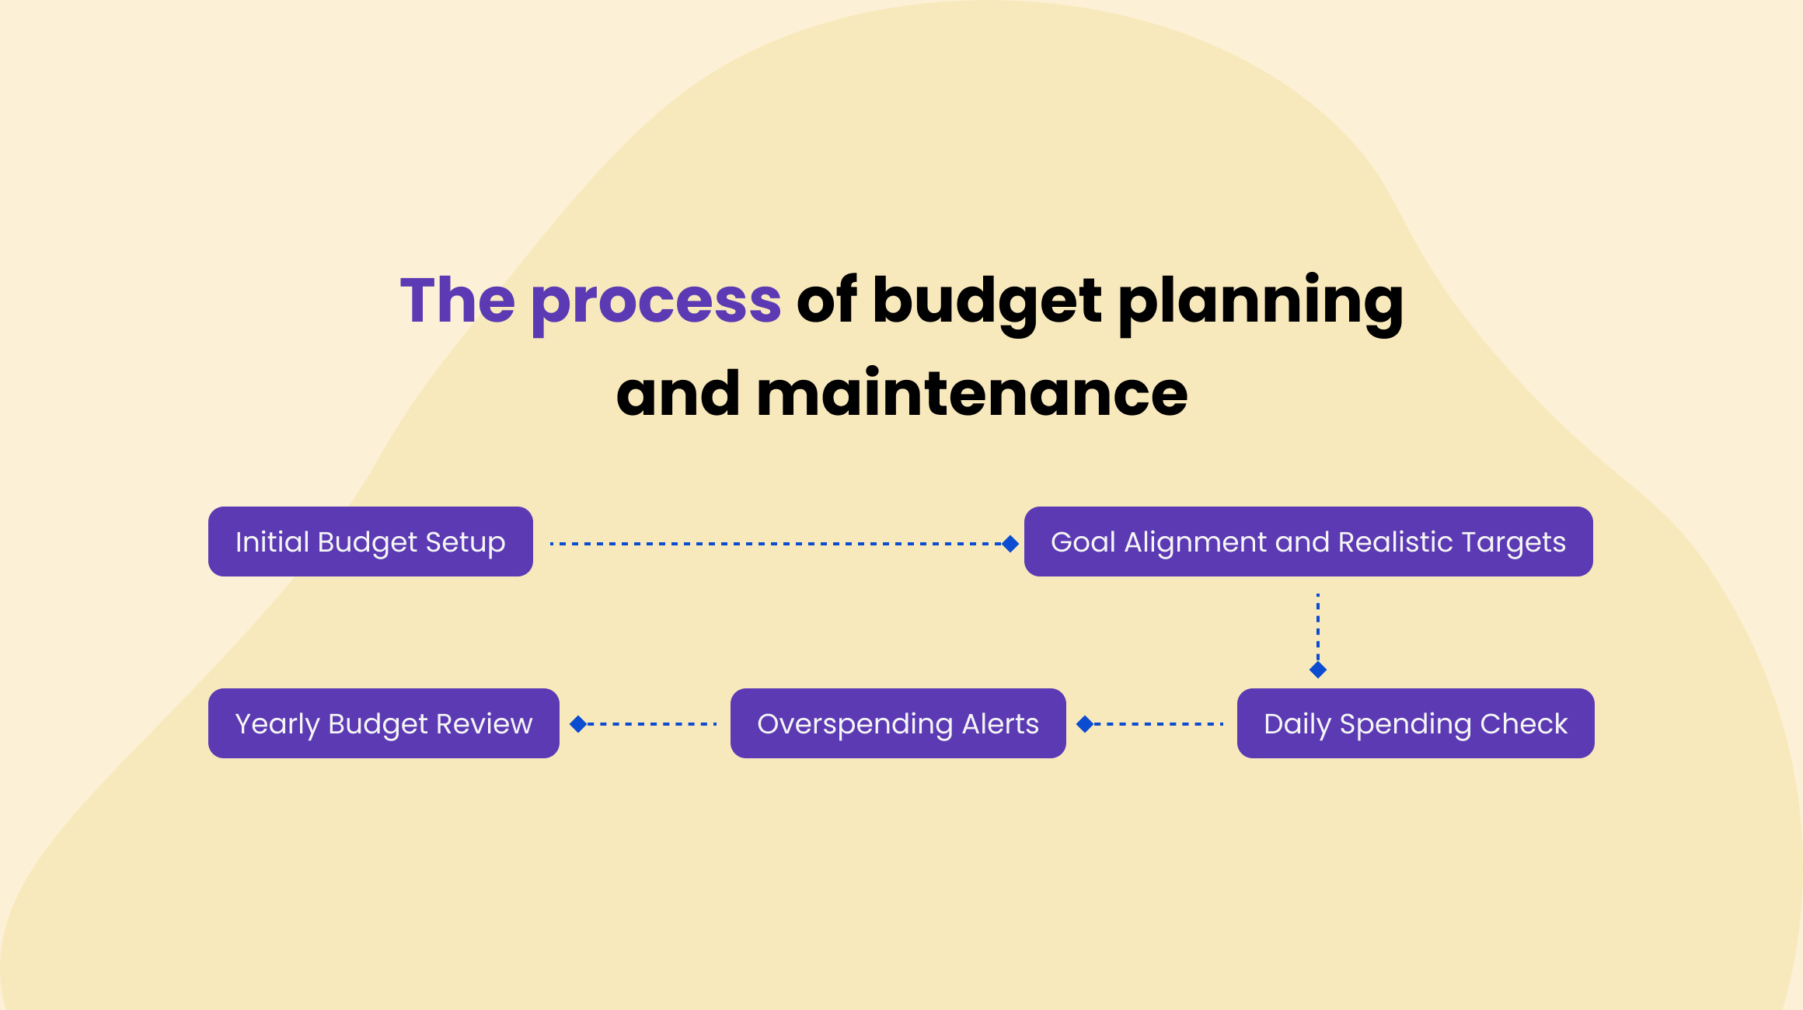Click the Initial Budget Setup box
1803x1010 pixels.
[x=370, y=542]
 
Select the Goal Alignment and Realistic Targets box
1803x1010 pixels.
[x=1308, y=542]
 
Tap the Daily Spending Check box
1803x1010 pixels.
[x=1415, y=723]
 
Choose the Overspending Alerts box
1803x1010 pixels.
[x=898, y=723]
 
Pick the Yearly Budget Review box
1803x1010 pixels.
[x=383, y=723]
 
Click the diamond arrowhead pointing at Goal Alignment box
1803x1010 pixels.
[x=1010, y=544]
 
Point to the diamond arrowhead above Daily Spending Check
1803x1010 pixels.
[x=1318, y=670]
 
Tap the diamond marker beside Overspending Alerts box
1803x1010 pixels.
[x=1085, y=724]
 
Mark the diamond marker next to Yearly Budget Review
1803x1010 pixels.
[x=578, y=724]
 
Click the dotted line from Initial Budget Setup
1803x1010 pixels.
[x=777, y=544]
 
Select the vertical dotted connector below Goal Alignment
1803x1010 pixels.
[x=1318, y=625]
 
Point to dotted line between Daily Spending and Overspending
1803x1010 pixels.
[x=1158, y=724]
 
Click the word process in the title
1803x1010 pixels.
[x=656, y=301]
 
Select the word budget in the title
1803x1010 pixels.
[x=987, y=301]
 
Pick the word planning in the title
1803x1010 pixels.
[x=1261, y=301]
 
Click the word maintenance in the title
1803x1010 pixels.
[x=971, y=394]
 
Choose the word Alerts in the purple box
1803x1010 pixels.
[x=1000, y=723]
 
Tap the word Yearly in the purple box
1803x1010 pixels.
[x=277, y=724]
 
